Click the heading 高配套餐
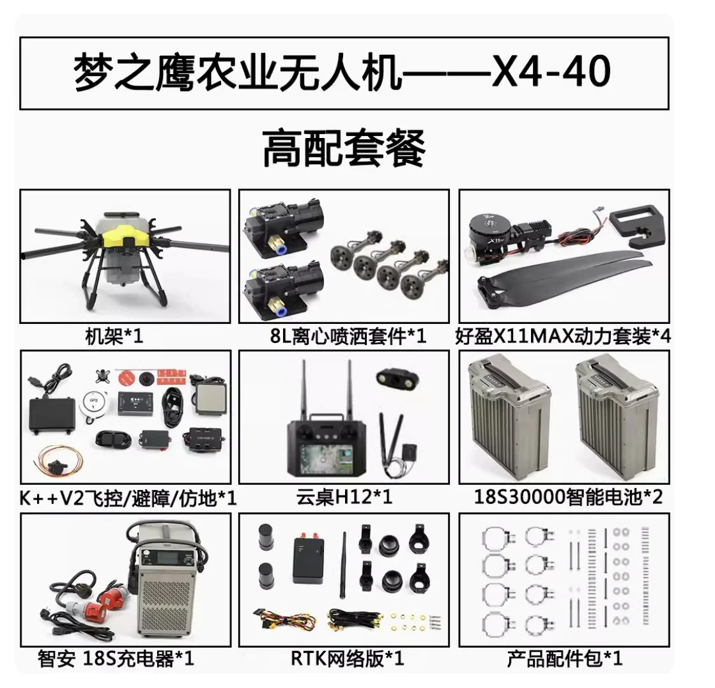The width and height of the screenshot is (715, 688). click(x=344, y=148)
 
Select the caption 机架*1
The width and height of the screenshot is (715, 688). click(x=114, y=336)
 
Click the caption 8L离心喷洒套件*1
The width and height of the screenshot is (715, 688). click(x=348, y=336)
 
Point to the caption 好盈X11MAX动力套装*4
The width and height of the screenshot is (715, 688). click(x=564, y=336)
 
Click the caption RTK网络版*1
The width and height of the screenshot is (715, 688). click(x=348, y=658)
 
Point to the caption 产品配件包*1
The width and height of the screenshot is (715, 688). click(x=564, y=658)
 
